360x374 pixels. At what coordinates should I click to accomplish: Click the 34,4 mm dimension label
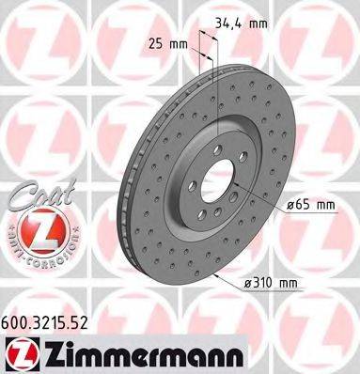pos(240,21)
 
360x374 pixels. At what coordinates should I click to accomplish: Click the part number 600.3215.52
pos(52,320)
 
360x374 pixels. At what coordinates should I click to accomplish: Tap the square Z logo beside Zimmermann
pos(20,353)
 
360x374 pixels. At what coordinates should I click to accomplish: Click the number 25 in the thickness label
pos(156,43)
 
